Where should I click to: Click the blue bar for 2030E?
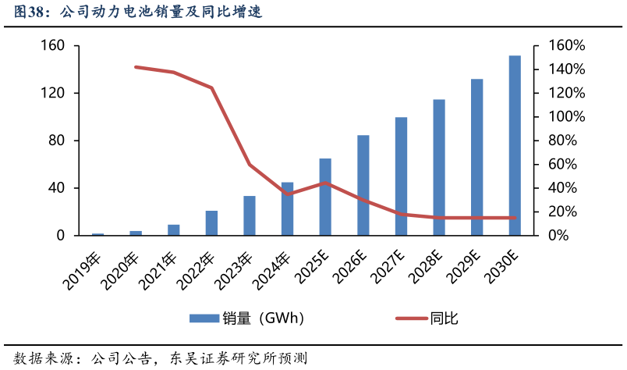pos(515,145)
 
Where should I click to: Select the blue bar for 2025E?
pos(325,197)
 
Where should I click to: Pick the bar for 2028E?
pos(439,167)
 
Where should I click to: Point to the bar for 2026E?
pos(363,185)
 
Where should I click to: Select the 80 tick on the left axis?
pos(56,141)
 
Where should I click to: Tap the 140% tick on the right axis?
pos(562,69)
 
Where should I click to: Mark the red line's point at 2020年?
pos(136,67)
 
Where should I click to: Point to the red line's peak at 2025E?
pos(325,183)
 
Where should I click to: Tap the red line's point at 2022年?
pos(211,87)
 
